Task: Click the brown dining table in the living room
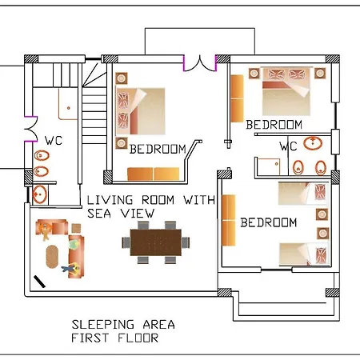coord(156,242)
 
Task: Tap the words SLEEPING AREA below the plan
coord(123,325)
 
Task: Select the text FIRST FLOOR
coord(114,338)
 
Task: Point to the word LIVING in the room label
coord(110,200)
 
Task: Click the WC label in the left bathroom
coord(54,141)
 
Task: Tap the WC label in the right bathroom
coord(288,146)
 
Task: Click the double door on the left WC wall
coord(31,130)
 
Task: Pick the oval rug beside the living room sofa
coord(52,256)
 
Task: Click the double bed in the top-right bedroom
coord(286,91)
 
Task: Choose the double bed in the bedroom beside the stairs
coord(141,111)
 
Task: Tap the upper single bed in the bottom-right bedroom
coord(303,193)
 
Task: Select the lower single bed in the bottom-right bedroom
coord(304,254)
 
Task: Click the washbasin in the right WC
coord(313,143)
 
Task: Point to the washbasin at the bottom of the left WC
coord(40,194)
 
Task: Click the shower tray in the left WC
coord(68,104)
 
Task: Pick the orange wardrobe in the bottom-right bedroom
coord(229,220)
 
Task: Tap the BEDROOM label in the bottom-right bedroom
coord(269,222)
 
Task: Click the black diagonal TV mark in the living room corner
coord(39,282)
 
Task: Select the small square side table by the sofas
coord(76,228)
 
